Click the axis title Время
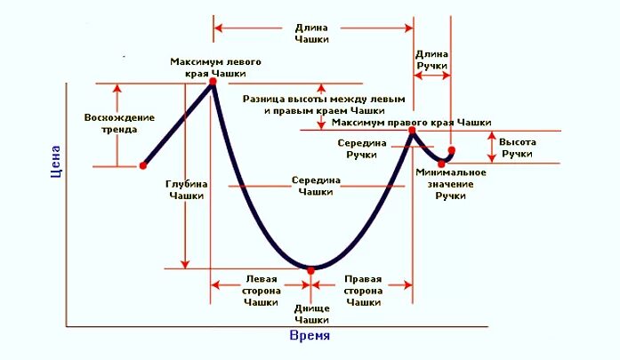coord(310,336)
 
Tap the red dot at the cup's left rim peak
coord(213,83)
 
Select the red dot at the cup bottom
coord(310,269)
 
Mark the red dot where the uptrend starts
coord(142,165)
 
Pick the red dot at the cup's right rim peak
coord(413,131)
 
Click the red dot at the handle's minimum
coord(441,164)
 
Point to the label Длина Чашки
coord(311,33)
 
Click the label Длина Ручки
coord(432,60)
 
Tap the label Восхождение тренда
coord(119,124)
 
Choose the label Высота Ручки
coord(516,148)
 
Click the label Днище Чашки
coord(311,314)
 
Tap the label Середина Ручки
coord(362,148)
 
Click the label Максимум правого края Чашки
coord(411,122)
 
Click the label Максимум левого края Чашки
coord(217,67)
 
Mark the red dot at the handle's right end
coord(451,150)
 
